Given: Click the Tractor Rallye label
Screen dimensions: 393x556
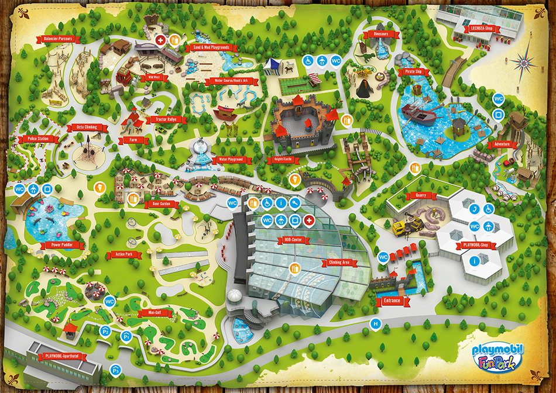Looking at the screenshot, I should coord(167,119).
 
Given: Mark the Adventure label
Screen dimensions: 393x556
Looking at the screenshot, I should coord(502,144).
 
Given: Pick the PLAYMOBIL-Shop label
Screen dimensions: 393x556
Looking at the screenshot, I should coord(475,246).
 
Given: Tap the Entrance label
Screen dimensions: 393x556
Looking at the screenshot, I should coord(392,301).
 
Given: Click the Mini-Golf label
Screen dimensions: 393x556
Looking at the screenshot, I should coord(146,313).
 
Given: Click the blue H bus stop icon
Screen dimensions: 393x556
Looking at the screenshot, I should coord(376,323).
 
